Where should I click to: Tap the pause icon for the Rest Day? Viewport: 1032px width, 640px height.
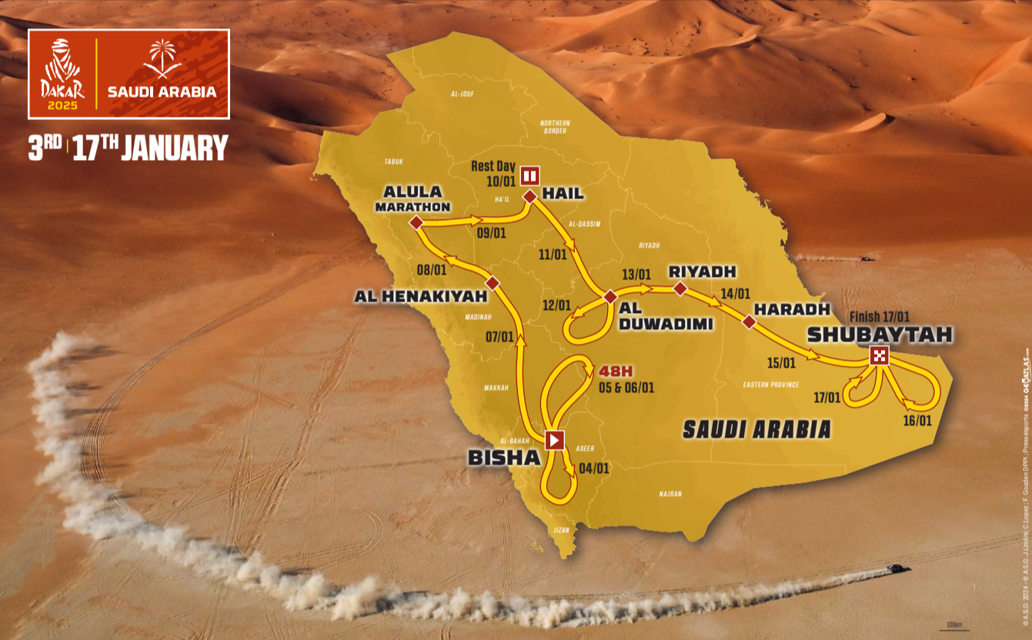pyautogui.click(x=529, y=175)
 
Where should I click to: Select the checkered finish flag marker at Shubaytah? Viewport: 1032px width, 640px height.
pyautogui.click(x=879, y=355)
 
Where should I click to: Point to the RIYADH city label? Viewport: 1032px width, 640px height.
pyautogui.click(x=703, y=272)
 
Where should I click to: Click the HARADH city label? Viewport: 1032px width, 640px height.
pyautogui.click(x=792, y=309)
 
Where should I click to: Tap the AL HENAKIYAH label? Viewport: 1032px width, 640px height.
pyautogui.click(x=421, y=295)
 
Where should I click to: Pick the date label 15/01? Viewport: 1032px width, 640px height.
pyautogui.click(x=780, y=362)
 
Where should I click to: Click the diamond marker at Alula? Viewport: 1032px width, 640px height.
pyautogui.click(x=416, y=223)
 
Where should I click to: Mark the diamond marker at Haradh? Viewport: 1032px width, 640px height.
pyautogui.click(x=749, y=322)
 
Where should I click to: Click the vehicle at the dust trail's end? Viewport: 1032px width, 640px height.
pyautogui.click(x=898, y=568)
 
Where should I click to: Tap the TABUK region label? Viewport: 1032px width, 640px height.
pyautogui.click(x=394, y=162)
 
